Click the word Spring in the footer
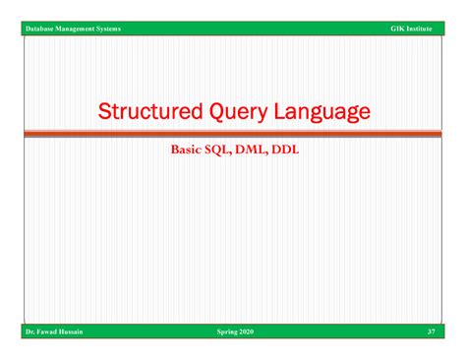click(x=227, y=332)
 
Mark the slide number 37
click(x=431, y=332)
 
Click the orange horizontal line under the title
click(x=233, y=133)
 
